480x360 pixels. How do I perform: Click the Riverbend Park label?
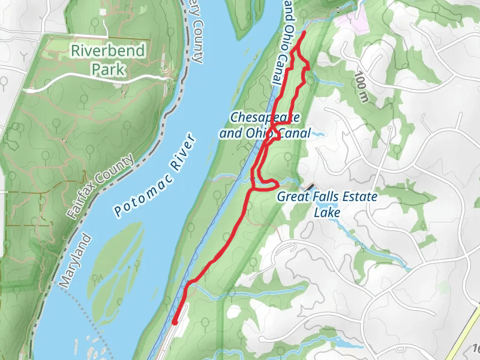(108, 59)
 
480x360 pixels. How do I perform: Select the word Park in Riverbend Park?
(108, 69)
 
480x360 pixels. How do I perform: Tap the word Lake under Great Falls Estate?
(328, 212)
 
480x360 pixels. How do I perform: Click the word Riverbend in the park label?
(108, 50)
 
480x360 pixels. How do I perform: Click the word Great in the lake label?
(291, 196)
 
